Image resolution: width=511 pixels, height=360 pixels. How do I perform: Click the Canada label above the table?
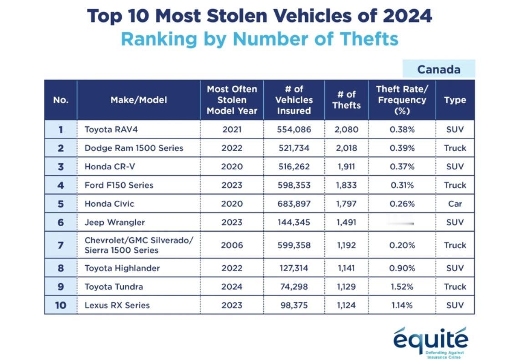[x=439, y=69]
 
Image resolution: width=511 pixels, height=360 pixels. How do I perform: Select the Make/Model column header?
[x=138, y=100]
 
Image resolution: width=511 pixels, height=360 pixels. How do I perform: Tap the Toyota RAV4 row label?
[x=111, y=129]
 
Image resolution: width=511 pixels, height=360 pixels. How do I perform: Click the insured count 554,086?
[x=294, y=129]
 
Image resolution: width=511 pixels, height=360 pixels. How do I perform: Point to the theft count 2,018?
[x=346, y=148]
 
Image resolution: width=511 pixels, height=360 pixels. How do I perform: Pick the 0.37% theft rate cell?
[x=402, y=167]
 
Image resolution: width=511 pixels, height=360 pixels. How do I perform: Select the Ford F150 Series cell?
[x=119, y=185]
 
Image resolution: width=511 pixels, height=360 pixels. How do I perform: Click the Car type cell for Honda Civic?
[x=455, y=203]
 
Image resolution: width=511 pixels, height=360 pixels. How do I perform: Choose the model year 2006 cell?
[x=232, y=245]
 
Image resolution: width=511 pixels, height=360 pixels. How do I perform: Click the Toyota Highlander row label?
[x=122, y=268]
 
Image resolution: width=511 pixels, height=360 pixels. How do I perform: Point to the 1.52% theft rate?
[x=402, y=287]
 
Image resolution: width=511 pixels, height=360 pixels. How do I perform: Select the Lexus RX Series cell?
[x=117, y=305]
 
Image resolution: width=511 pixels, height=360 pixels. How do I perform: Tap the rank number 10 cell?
[x=61, y=305]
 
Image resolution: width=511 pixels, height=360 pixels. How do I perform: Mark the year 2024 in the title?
[x=407, y=16]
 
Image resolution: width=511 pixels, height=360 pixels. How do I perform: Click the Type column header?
[x=455, y=100]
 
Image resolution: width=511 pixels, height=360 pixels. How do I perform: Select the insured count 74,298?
[x=294, y=287]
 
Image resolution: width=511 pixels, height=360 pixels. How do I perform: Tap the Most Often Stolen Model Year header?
[x=232, y=100]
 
